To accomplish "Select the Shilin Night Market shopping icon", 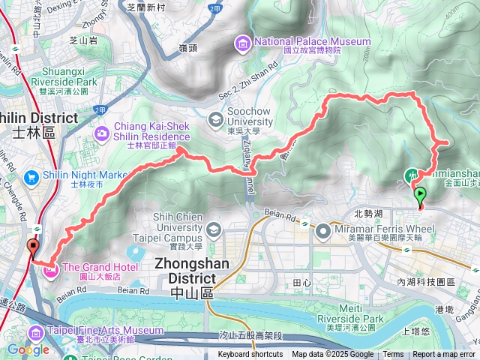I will coord(31,176).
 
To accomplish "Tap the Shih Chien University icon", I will coord(214,228).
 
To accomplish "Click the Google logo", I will coord(28,349).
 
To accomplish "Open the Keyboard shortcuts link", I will coord(250,355).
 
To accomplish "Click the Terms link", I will coord(393,355).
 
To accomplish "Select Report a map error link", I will coord(444,355).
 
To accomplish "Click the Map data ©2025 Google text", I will coord(332,355).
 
